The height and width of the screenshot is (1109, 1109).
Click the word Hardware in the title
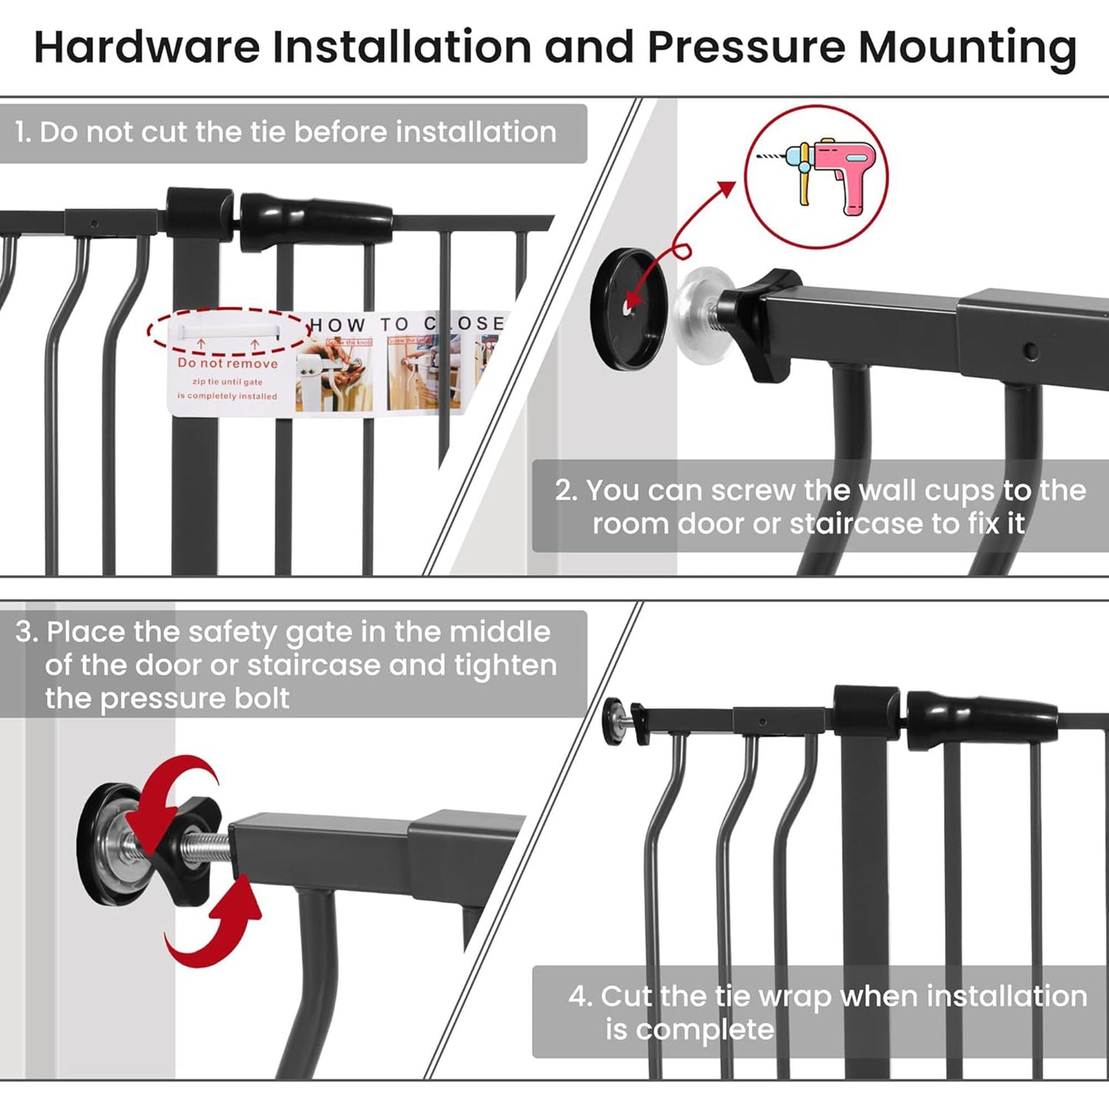click(x=147, y=48)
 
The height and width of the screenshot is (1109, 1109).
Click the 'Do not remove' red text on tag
click(x=227, y=363)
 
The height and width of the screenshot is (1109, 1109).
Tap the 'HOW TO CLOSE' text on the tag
click(x=406, y=324)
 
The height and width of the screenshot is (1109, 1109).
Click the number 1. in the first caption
click(x=23, y=133)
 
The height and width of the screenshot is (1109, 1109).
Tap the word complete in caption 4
click(x=705, y=1030)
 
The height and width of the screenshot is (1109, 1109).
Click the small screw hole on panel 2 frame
click(x=1031, y=352)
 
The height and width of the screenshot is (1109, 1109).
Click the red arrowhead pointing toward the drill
click(x=724, y=189)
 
